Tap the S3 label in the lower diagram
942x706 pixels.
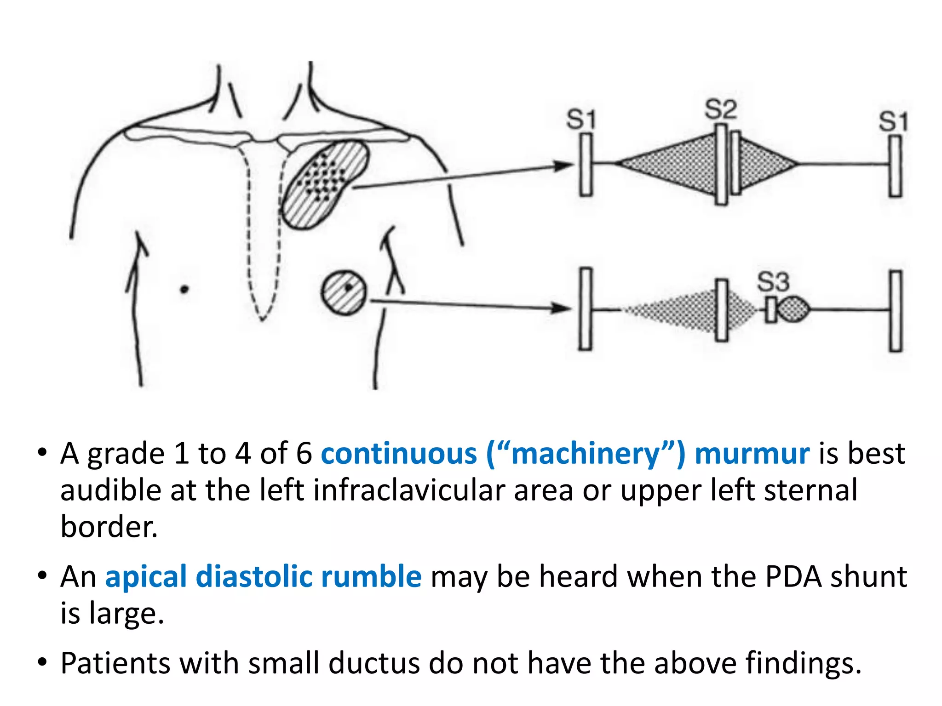point(773,282)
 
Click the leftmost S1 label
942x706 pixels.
point(581,120)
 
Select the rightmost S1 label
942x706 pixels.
point(893,121)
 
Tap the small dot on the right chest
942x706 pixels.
point(184,289)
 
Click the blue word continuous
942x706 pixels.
point(399,454)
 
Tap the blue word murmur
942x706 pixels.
point(752,454)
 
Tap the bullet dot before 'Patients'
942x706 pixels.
point(43,662)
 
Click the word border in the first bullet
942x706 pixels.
point(109,526)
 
